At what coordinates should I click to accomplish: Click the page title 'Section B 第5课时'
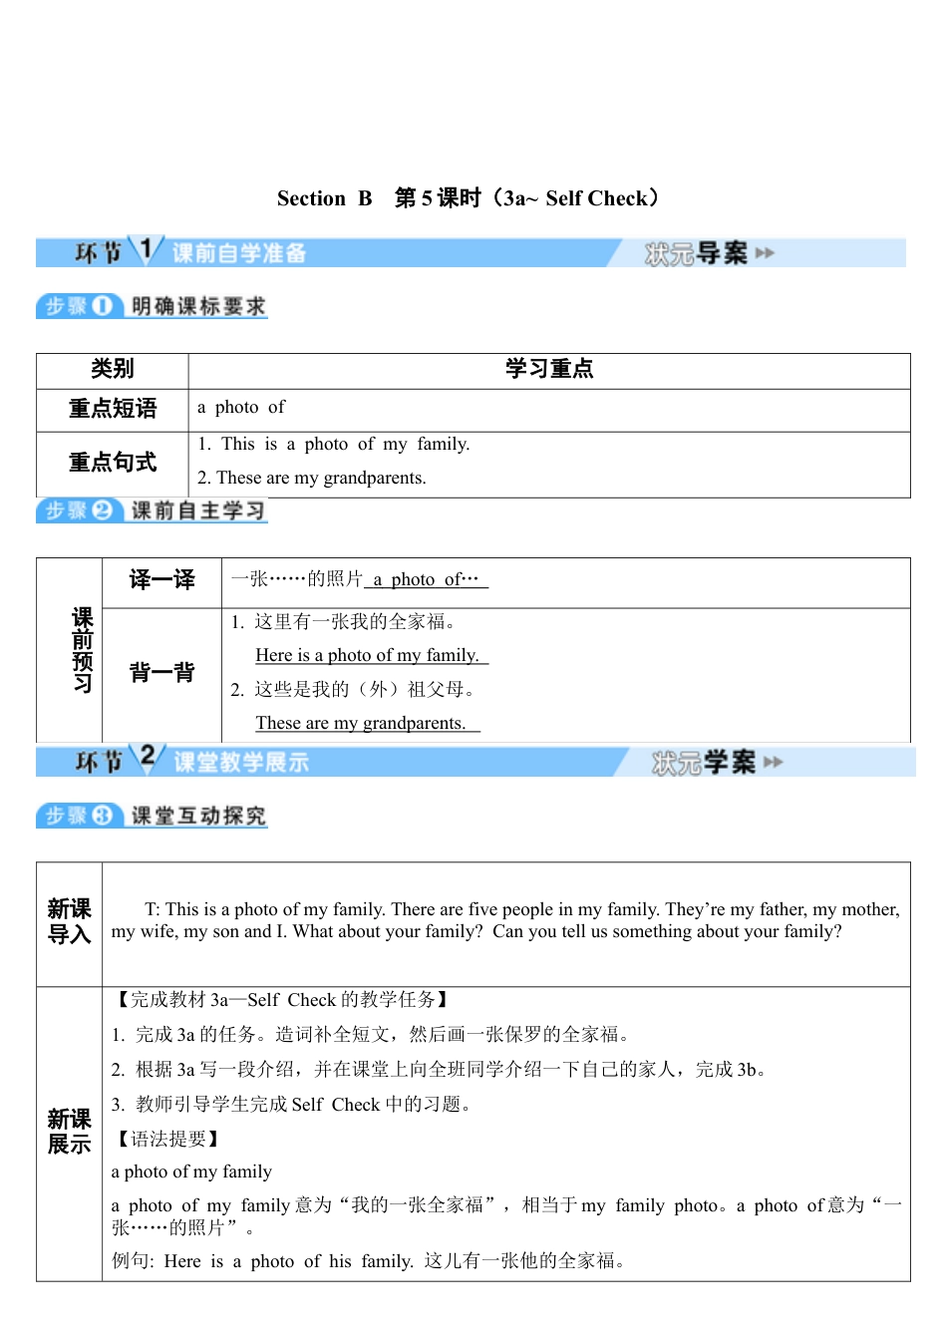[x=468, y=198]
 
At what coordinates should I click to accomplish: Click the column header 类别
[x=112, y=370]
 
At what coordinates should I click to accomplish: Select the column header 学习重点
[x=548, y=370]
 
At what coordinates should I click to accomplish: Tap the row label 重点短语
[x=112, y=409]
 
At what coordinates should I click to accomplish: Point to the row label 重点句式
[x=112, y=463]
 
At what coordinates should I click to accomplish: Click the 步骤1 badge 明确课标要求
[x=198, y=306]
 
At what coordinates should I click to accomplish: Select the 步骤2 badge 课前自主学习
[x=198, y=510]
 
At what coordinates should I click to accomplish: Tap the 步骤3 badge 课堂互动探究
[x=198, y=816]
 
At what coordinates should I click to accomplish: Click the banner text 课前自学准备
[x=239, y=253]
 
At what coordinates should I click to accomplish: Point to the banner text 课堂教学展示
[x=241, y=763]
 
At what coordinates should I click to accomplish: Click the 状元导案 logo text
[x=696, y=253]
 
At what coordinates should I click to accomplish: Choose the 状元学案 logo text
[x=704, y=763]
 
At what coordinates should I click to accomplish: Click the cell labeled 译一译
[x=161, y=580]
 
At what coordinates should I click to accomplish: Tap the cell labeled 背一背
[x=161, y=673]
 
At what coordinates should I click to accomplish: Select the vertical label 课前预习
[x=82, y=650]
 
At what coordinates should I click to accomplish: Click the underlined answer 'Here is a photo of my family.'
[x=368, y=655]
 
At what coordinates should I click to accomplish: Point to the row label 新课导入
[x=69, y=922]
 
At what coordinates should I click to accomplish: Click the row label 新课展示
[x=69, y=1132]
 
